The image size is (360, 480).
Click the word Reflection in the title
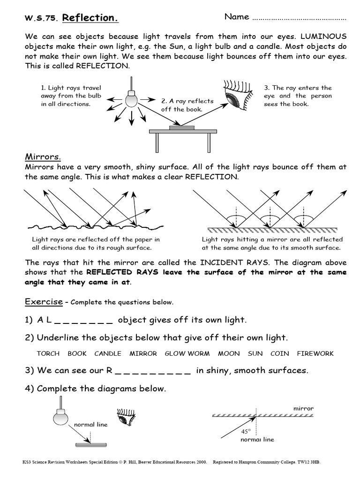[x=90, y=18]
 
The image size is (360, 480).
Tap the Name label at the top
[x=237, y=17]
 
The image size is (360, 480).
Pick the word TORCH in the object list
[x=48, y=353]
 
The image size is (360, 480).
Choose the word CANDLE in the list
[x=108, y=353]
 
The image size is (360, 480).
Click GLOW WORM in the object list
[x=187, y=353]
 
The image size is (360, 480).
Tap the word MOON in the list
[x=229, y=353]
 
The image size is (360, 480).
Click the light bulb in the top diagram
[x=131, y=99]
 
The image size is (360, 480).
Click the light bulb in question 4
[x=60, y=416]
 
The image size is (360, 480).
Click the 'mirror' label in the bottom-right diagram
[x=303, y=408]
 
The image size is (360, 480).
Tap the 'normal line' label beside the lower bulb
[x=90, y=424]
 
